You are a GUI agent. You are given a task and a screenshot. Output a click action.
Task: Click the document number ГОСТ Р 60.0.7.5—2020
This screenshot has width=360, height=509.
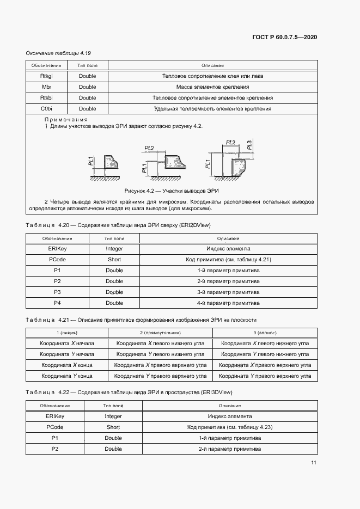[x=285, y=37]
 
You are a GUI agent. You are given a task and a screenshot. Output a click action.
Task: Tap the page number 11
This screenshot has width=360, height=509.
[x=314, y=463]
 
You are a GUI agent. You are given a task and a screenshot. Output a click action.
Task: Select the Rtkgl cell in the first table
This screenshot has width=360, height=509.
[x=46, y=76]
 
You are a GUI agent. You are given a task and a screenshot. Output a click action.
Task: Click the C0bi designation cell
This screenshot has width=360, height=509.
[x=46, y=109]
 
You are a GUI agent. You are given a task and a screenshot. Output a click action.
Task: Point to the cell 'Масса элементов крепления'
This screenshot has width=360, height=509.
[x=212, y=87]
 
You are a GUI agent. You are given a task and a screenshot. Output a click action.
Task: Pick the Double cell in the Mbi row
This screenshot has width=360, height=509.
[x=87, y=87]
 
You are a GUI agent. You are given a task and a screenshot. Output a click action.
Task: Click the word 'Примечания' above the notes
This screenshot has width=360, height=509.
[x=66, y=119]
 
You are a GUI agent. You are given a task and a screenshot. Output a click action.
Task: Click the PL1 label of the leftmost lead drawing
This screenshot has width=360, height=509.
[x=91, y=161]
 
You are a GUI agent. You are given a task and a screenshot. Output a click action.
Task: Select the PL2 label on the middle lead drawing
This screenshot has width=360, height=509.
[x=149, y=148]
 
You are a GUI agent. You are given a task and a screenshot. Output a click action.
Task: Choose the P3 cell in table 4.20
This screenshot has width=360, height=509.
[x=57, y=292]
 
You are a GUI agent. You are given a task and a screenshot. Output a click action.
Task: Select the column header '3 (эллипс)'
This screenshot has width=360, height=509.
[x=265, y=333]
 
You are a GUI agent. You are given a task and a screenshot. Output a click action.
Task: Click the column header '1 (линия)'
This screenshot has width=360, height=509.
[x=67, y=333]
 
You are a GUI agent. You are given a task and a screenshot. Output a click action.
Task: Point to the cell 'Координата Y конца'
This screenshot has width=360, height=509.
[x=67, y=376]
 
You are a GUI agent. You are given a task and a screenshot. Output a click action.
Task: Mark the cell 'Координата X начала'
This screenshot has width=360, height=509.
[x=67, y=344]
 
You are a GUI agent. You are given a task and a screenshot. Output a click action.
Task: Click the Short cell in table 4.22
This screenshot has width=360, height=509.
[x=113, y=427]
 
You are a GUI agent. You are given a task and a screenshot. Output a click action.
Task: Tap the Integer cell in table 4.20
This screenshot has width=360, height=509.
[x=114, y=249]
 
